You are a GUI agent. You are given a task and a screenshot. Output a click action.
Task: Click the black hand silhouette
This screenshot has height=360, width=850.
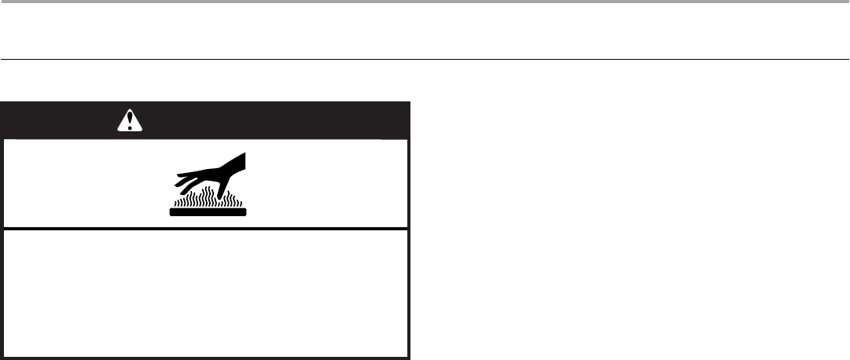point(212,171)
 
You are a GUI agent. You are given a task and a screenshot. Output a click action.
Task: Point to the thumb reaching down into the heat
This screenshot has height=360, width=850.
point(227,189)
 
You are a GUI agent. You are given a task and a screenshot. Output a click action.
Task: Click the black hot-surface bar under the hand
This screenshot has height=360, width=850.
point(208,211)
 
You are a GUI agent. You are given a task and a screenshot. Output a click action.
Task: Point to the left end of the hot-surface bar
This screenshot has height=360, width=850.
point(171,211)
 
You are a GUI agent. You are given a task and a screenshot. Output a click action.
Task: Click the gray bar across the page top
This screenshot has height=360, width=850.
point(425,2)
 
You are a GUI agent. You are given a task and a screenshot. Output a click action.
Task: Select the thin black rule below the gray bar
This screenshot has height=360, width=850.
point(425,59)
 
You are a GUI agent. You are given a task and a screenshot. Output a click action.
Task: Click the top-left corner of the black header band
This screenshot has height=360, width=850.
point(2,103)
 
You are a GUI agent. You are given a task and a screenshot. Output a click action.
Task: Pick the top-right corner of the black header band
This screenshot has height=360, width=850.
point(409,103)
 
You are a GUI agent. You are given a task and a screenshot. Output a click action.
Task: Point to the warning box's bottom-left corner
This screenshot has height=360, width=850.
point(2,358)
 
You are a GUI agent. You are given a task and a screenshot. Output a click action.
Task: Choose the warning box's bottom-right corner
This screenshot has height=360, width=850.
point(409,358)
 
